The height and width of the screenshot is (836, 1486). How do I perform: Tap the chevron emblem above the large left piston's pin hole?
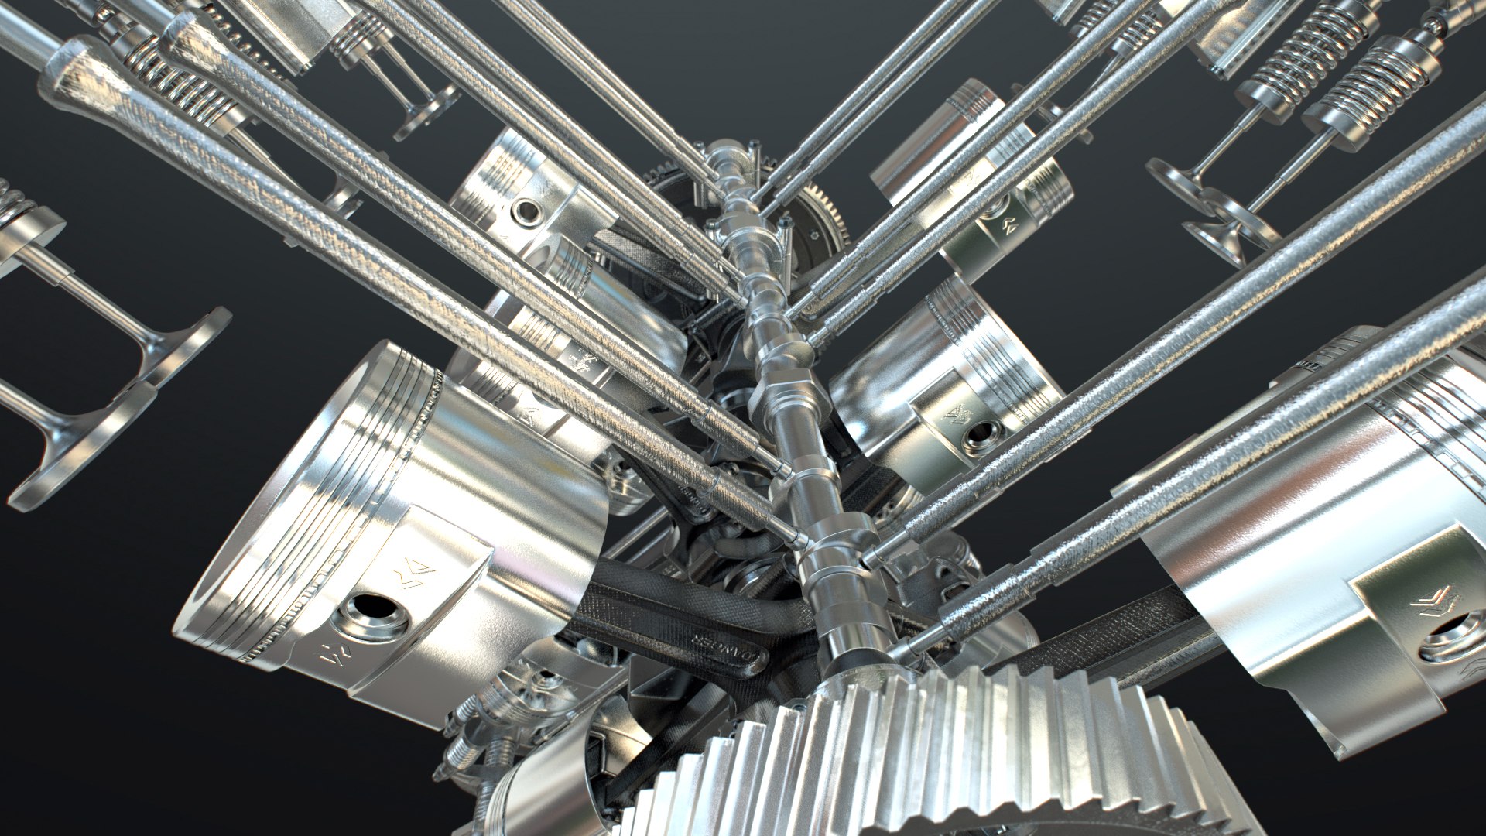click(413, 575)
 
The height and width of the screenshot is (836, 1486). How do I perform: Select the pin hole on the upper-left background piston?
click(528, 211)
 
